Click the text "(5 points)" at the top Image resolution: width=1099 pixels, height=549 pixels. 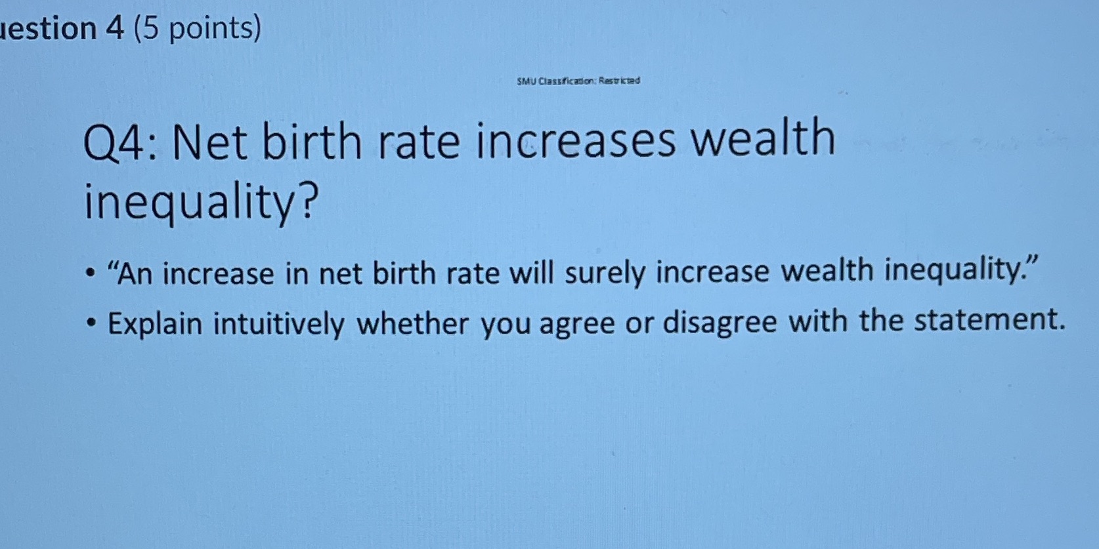pyautogui.click(x=197, y=28)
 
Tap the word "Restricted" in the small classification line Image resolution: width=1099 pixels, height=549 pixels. pyautogui.click(x=618, y=81)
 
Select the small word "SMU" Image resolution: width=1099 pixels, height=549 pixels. pyautogui.click(x=526, y=81)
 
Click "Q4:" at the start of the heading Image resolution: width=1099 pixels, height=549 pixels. pyautogui.click(x=123, y=144)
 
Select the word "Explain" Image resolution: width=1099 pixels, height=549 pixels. pyautogui.click(x=155, y=324)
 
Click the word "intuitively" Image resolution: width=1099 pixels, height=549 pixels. pyautogui.click(x=278, y=325)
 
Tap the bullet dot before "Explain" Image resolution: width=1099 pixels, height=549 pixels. pyautogui.click(x=93, y=323)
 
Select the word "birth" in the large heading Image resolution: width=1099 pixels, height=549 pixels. pyautogui.click(x=312, y=142)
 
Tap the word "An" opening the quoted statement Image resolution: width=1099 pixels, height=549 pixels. pyautogui.click(x=135, y=274)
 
